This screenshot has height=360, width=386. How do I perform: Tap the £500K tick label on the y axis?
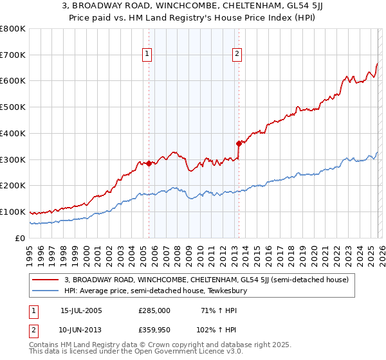point(13,107)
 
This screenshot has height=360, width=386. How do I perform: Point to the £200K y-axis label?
point(13,186)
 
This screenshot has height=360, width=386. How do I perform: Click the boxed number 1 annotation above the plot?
point(149,54)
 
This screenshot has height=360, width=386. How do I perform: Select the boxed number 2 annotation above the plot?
point(237,54)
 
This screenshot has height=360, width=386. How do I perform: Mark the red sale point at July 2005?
point(149,163)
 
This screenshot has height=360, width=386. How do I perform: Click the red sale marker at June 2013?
point(239,143)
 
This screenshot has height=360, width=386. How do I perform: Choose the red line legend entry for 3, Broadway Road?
point(206,280)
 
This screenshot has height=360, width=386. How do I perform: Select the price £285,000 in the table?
point(154,310)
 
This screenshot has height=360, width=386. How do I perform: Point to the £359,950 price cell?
point(154,329)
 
